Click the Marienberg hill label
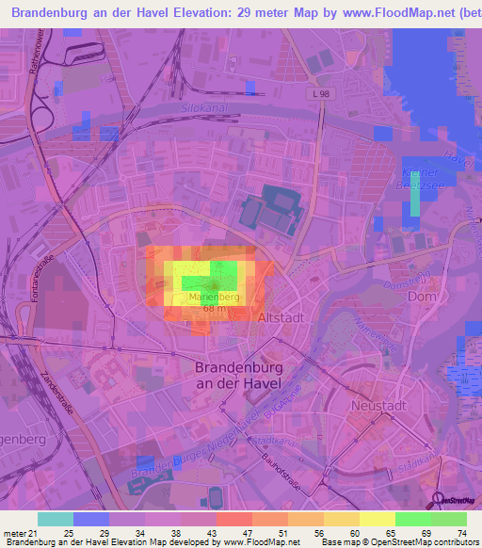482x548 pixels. pos(215,298)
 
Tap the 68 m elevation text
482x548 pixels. pos(214,309)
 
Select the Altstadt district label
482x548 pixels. pos(281,319)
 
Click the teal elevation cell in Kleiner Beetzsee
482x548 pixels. pos(412,200)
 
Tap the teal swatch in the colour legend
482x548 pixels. pos(56,519)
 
